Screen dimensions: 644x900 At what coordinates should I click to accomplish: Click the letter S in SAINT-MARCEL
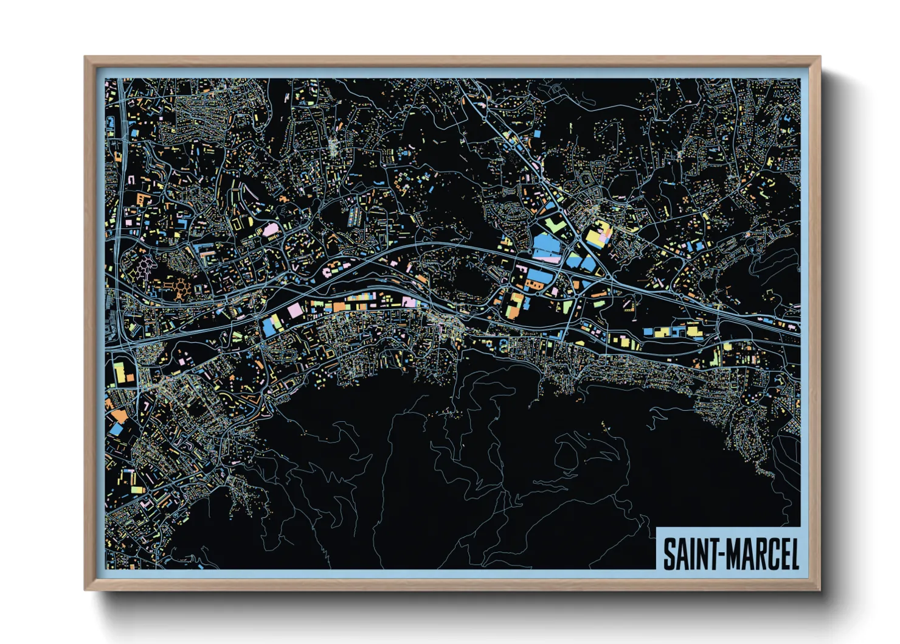(670, 554)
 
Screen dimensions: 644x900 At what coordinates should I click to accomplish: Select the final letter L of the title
(793, 554)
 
